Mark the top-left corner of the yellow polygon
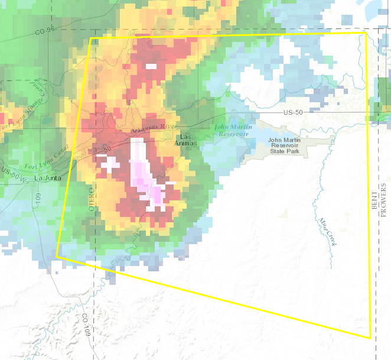90,39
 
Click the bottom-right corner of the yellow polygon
370,338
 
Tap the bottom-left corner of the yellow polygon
56,257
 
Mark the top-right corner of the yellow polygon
364,33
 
